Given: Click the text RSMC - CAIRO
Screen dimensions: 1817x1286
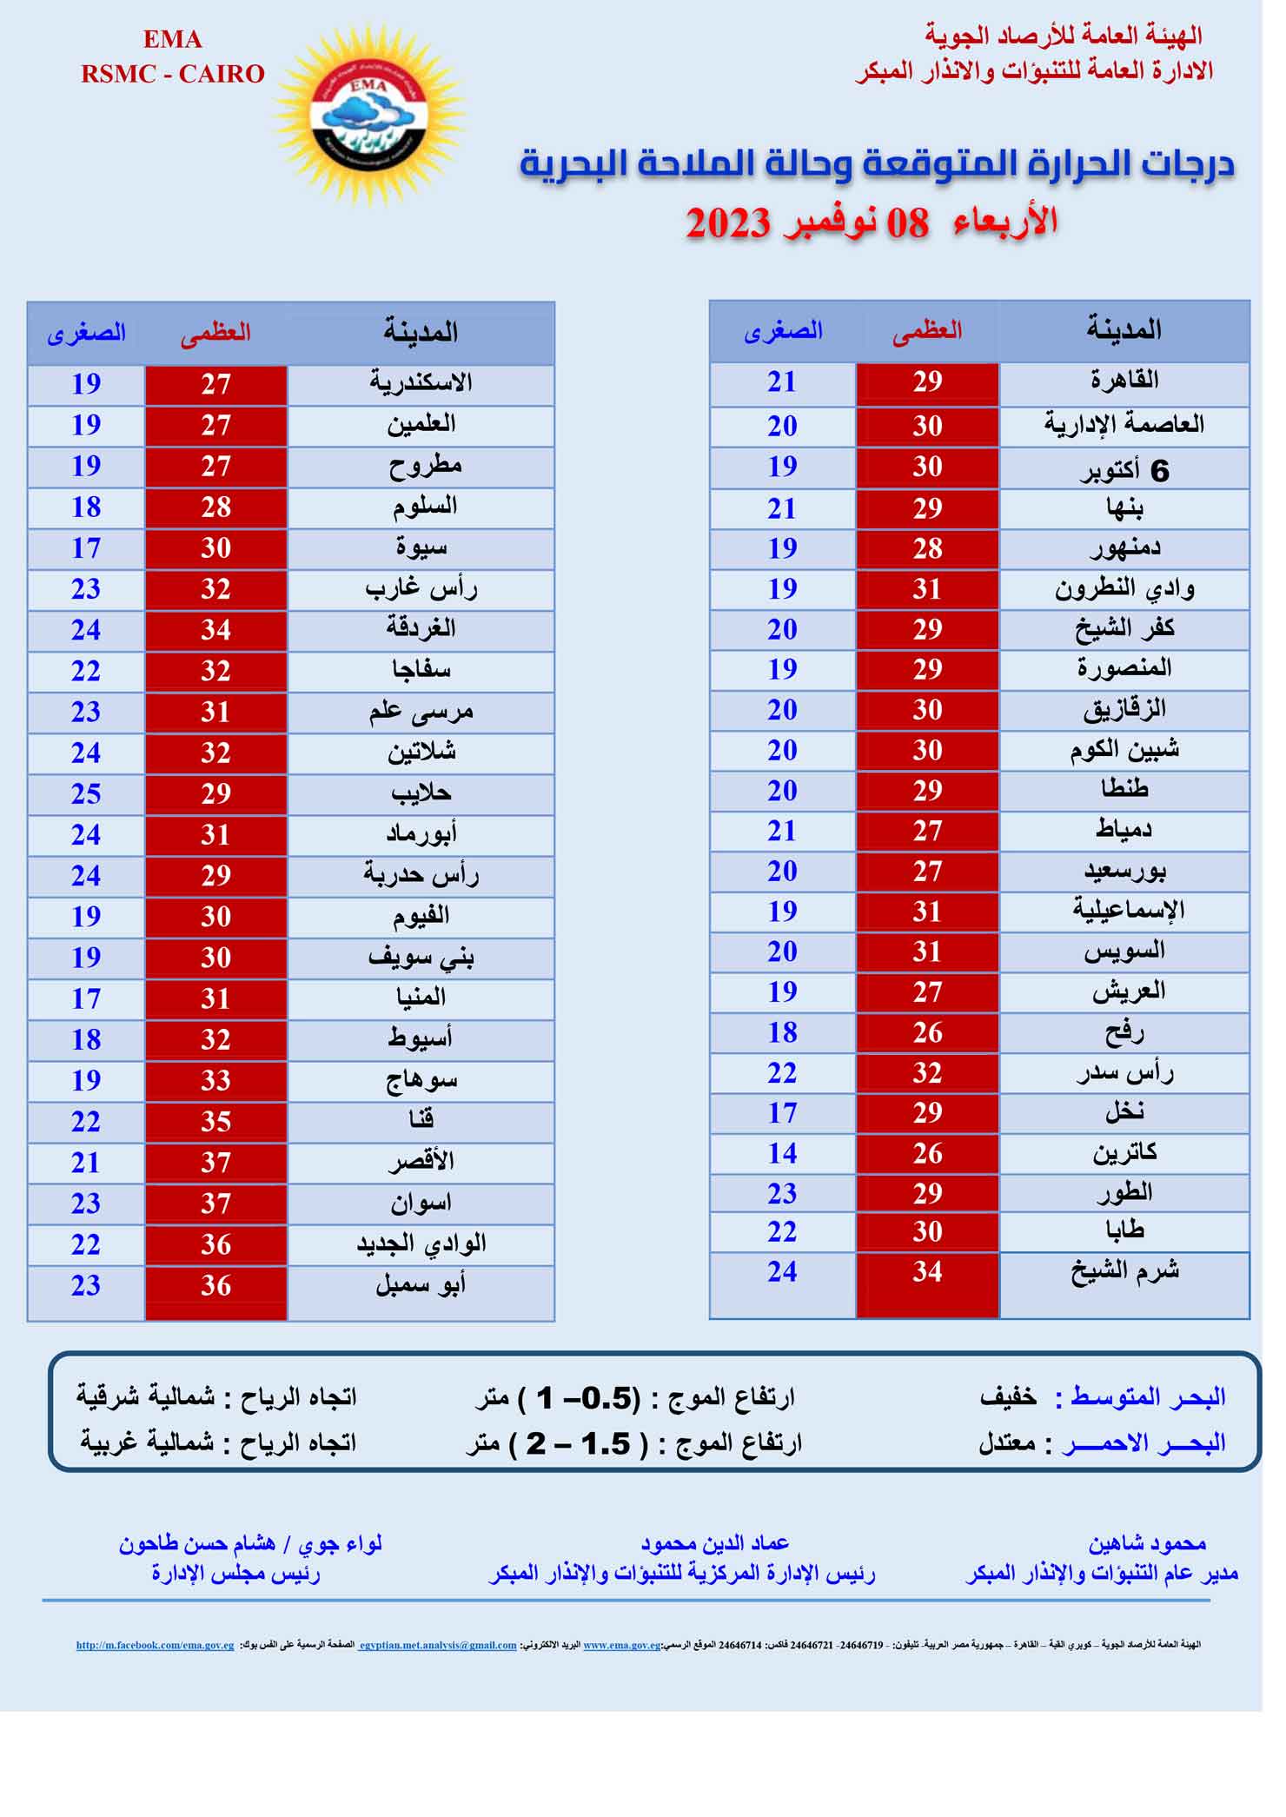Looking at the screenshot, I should point(173,74).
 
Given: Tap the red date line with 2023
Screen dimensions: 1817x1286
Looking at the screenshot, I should point(872,223).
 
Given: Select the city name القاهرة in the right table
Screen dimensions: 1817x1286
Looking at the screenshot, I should point(1124,381).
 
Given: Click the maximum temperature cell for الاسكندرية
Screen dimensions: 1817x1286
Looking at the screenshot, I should point(215,384).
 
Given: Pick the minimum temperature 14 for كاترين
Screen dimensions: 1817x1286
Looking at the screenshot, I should point(782,1153).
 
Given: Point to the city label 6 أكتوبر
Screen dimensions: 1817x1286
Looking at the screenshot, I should point(1124,470).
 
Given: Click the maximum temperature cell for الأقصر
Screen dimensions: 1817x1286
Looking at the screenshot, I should point(215,1163).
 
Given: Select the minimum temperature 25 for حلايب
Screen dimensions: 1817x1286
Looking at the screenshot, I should point(86,793).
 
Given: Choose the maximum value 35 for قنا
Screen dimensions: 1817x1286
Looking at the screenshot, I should point(215,1122).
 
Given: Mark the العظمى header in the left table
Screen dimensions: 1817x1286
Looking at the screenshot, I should point(215,332).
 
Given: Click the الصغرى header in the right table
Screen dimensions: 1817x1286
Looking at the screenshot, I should point(782,331).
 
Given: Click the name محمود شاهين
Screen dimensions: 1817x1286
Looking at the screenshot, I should point(1147,1543).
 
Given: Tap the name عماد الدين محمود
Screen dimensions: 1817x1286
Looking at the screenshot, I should point(714,1543).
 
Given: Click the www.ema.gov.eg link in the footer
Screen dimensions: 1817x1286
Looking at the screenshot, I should point(621,1645).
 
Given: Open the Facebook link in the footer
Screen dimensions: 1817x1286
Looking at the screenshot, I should point(155,1645).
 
